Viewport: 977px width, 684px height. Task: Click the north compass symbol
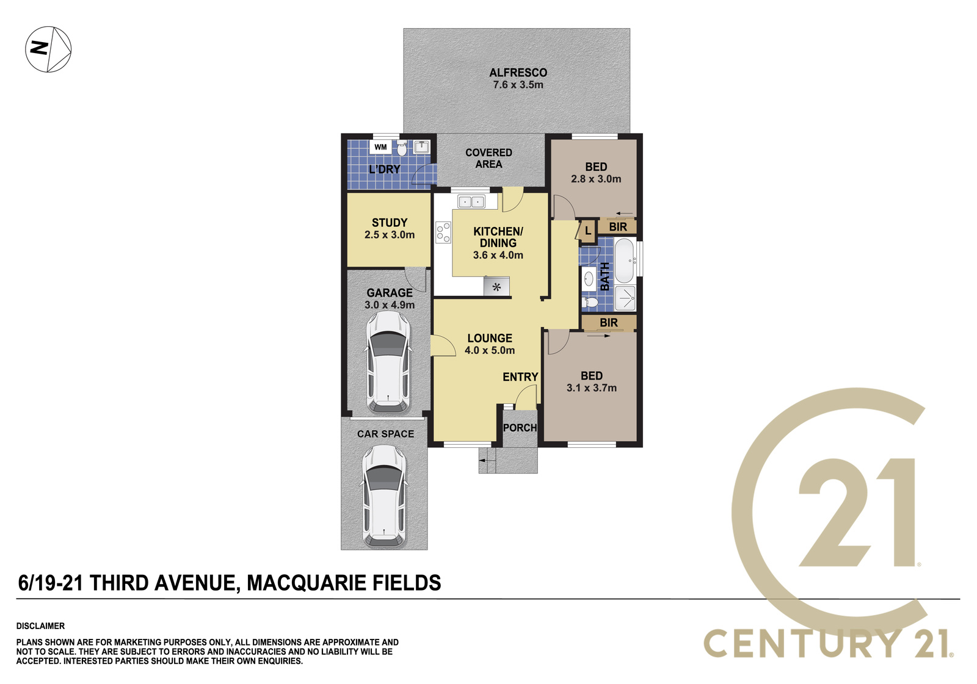click(x=48, y=49)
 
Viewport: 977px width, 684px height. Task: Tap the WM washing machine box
click(x=380, y=147)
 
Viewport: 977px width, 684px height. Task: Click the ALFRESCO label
click(x=518, y=73)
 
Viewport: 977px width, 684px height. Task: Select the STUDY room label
click(x=390, y=223)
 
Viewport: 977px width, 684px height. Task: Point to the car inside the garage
click(x=388, y=362)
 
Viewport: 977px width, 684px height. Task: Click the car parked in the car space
click(x=384, y=496)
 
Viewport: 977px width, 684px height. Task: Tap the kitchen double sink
click(x=471, y=202)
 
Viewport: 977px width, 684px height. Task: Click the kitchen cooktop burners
click(x=443, y=232)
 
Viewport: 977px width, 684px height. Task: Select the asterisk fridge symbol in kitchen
click(x=496, y=287)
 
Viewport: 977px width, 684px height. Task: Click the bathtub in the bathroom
click(x=625, y=261)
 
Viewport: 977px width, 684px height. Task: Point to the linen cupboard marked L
click(x=587, y=231)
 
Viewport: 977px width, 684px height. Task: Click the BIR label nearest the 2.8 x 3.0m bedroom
click(x=617, y=227)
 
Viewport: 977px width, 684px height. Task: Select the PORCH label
click(x=520, y=428)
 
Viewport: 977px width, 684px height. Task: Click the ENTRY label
click(x=520, y=376)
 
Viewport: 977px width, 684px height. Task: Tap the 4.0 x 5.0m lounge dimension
click(x=490, y=350)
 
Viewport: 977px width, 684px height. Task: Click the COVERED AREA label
click(x=488, y=158)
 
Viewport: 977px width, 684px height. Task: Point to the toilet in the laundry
click(x=402, y=149)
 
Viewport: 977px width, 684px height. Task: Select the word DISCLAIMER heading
click(x=40, y=626)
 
